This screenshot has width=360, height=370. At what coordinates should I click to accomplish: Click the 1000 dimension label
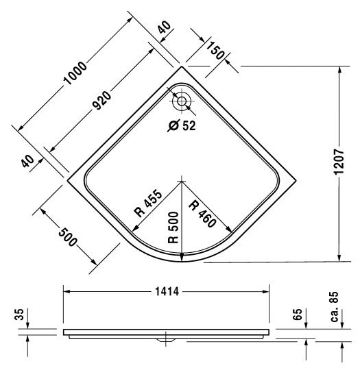click(75, 73)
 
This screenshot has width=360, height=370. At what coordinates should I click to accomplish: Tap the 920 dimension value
click(101, 101)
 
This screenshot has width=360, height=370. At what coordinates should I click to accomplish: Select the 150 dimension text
click(215, 51)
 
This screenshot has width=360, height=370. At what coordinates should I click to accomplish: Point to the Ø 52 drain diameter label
click(182, 125)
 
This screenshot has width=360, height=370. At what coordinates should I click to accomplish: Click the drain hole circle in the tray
click(182, 101)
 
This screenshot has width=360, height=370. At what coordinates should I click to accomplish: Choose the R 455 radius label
click(148, 203)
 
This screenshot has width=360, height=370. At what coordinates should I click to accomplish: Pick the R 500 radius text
click(173, 227)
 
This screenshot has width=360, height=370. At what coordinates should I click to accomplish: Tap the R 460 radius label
click(203, 214)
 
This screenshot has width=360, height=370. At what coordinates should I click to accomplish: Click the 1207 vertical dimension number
click(339, 162)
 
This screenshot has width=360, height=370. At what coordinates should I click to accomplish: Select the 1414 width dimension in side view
click(167, 292)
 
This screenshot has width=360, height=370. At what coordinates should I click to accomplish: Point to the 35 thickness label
click(20, 314)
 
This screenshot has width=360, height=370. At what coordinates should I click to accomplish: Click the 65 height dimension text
click(298, 314)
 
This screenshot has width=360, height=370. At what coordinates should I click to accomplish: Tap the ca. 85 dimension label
click(335, 307)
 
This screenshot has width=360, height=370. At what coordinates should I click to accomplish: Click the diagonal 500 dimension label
click(68, 236)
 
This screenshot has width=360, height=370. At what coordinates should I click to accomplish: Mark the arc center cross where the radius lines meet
click(182, 181)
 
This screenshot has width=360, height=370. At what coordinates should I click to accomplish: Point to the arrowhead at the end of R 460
click(229, 230)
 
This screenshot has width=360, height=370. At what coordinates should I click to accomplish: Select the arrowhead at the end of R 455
click(134, 228)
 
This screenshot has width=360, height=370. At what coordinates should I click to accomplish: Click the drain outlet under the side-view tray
click(166, 340)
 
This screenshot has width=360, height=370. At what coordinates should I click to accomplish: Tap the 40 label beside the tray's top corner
click(164, 27)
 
